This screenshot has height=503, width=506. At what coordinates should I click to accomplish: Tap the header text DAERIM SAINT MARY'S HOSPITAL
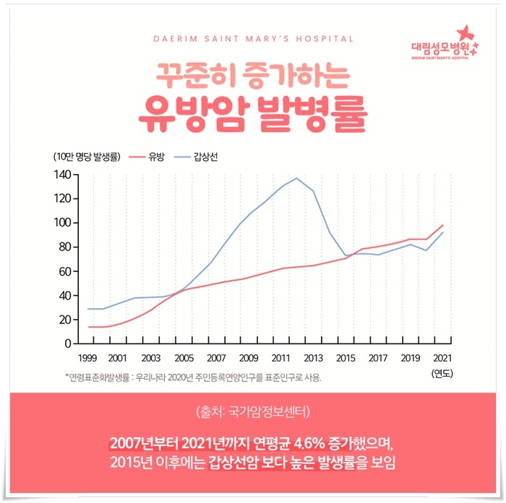coord(253,38)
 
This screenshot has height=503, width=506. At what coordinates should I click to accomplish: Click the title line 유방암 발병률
coord(253,110)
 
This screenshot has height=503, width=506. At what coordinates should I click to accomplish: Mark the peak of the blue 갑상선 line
coord(296,178)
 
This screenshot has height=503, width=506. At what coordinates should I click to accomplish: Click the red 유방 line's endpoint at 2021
coord(443,225)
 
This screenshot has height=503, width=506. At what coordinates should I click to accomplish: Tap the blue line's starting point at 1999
coord(88,309)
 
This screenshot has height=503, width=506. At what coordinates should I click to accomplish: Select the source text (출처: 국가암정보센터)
coord(253,413)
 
